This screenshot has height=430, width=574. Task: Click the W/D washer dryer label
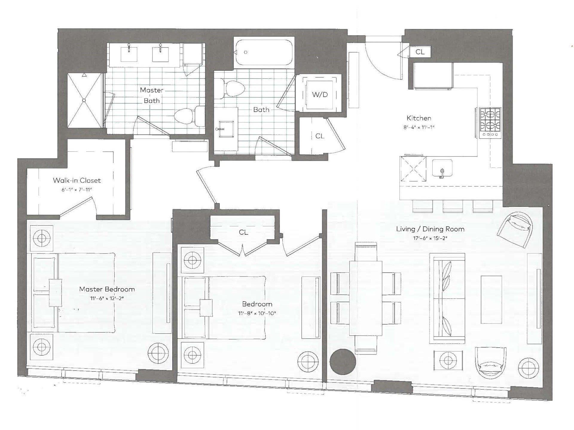pos(320,95)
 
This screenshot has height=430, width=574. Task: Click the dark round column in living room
pos(343,361)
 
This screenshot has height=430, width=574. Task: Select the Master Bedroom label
pos(107,289)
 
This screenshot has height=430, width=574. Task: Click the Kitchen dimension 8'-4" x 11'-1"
pos(419,127)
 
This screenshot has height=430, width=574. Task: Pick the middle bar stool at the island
pos(452,206)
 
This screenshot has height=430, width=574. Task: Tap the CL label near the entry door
pos(420,52)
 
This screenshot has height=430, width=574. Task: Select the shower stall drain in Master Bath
pos(84,100)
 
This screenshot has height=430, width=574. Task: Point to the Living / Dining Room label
pos(430,229)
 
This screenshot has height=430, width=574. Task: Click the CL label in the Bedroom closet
pos(243,232)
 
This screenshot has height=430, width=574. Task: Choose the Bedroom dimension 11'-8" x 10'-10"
pos(257,313)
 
